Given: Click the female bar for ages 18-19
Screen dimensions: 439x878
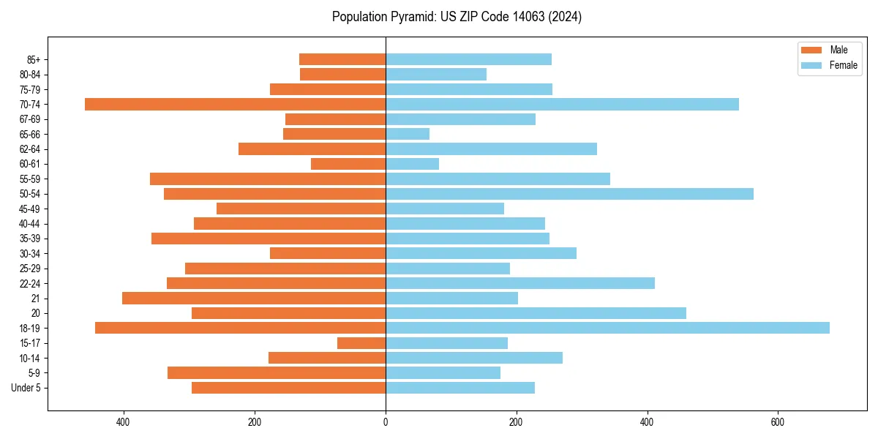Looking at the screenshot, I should coord(607,328).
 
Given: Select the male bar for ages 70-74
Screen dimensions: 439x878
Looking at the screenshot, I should coord(235,104).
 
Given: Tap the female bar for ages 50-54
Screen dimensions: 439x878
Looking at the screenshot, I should coord(569,194).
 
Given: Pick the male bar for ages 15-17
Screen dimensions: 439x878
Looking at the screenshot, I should coord(361,343).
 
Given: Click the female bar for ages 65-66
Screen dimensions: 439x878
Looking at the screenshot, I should coord(408,134).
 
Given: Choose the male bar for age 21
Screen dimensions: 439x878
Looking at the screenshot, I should coord(254,299).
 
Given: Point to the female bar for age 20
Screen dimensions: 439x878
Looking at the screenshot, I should coord(536,313).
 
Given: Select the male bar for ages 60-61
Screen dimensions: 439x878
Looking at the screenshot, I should coord(348,164).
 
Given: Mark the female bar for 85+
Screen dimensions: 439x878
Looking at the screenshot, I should coord(468,59).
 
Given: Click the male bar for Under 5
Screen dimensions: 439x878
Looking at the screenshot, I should coord(288,388).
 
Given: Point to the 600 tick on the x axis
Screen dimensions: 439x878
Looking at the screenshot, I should coord(778,422).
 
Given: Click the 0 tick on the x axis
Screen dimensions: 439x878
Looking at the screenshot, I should coord(386,422).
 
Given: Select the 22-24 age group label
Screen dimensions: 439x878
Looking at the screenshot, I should coord(30,283).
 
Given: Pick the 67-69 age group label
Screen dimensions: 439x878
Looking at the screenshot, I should coord(30,119).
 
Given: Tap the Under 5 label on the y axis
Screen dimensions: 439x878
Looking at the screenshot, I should coord(26,388).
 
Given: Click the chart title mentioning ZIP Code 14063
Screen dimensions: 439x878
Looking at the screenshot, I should coord(457,17).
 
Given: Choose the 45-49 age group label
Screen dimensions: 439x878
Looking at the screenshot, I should coord(30,209).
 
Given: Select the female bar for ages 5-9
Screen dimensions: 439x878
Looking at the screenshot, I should coord(443,373).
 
